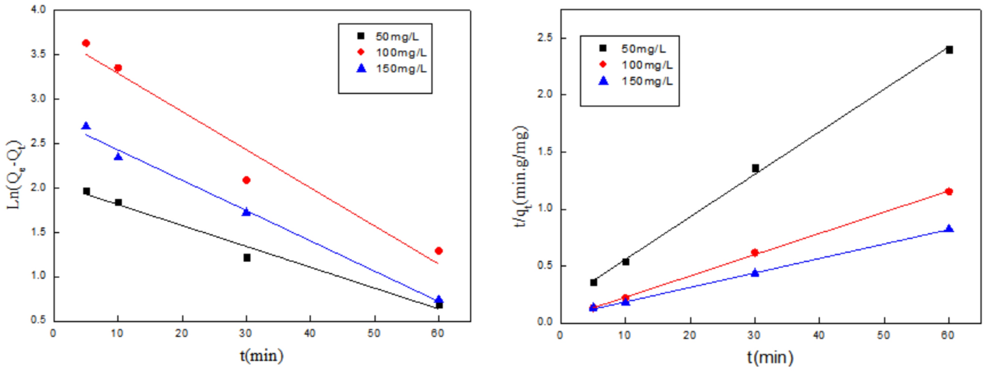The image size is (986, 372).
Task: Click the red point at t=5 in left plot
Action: click(x=86, y=43)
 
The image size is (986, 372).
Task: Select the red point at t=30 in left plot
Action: click(x=246, y=180)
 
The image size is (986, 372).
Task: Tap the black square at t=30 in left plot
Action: click(x=247, y=258)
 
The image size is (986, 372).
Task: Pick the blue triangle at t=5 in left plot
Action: click(x=86, y=126)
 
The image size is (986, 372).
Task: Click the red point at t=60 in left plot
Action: click(x=438, y=251)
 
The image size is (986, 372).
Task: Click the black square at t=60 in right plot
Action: click(x=949, y=50)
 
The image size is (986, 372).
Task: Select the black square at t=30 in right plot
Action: click(x=755, y=168)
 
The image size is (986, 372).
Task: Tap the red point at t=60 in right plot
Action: click(x=949, y=191)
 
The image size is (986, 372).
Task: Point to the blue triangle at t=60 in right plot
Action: click(x=949, y=229)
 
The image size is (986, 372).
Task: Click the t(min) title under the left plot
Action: click(x=261, y=355)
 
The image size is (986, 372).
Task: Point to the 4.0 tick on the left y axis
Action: click(x=38, y=10)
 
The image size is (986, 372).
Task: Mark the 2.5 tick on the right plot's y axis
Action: click(x=545, y=38)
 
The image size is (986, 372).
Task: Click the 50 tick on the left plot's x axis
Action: click(x=374, y=334)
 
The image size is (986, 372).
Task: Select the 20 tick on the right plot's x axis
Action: click(x=689, y=336)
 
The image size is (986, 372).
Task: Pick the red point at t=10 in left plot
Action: click(x=118, y=68)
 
